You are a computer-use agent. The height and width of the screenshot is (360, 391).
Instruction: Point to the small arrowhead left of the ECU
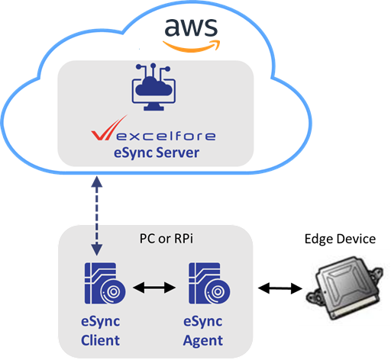pos(300,290)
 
